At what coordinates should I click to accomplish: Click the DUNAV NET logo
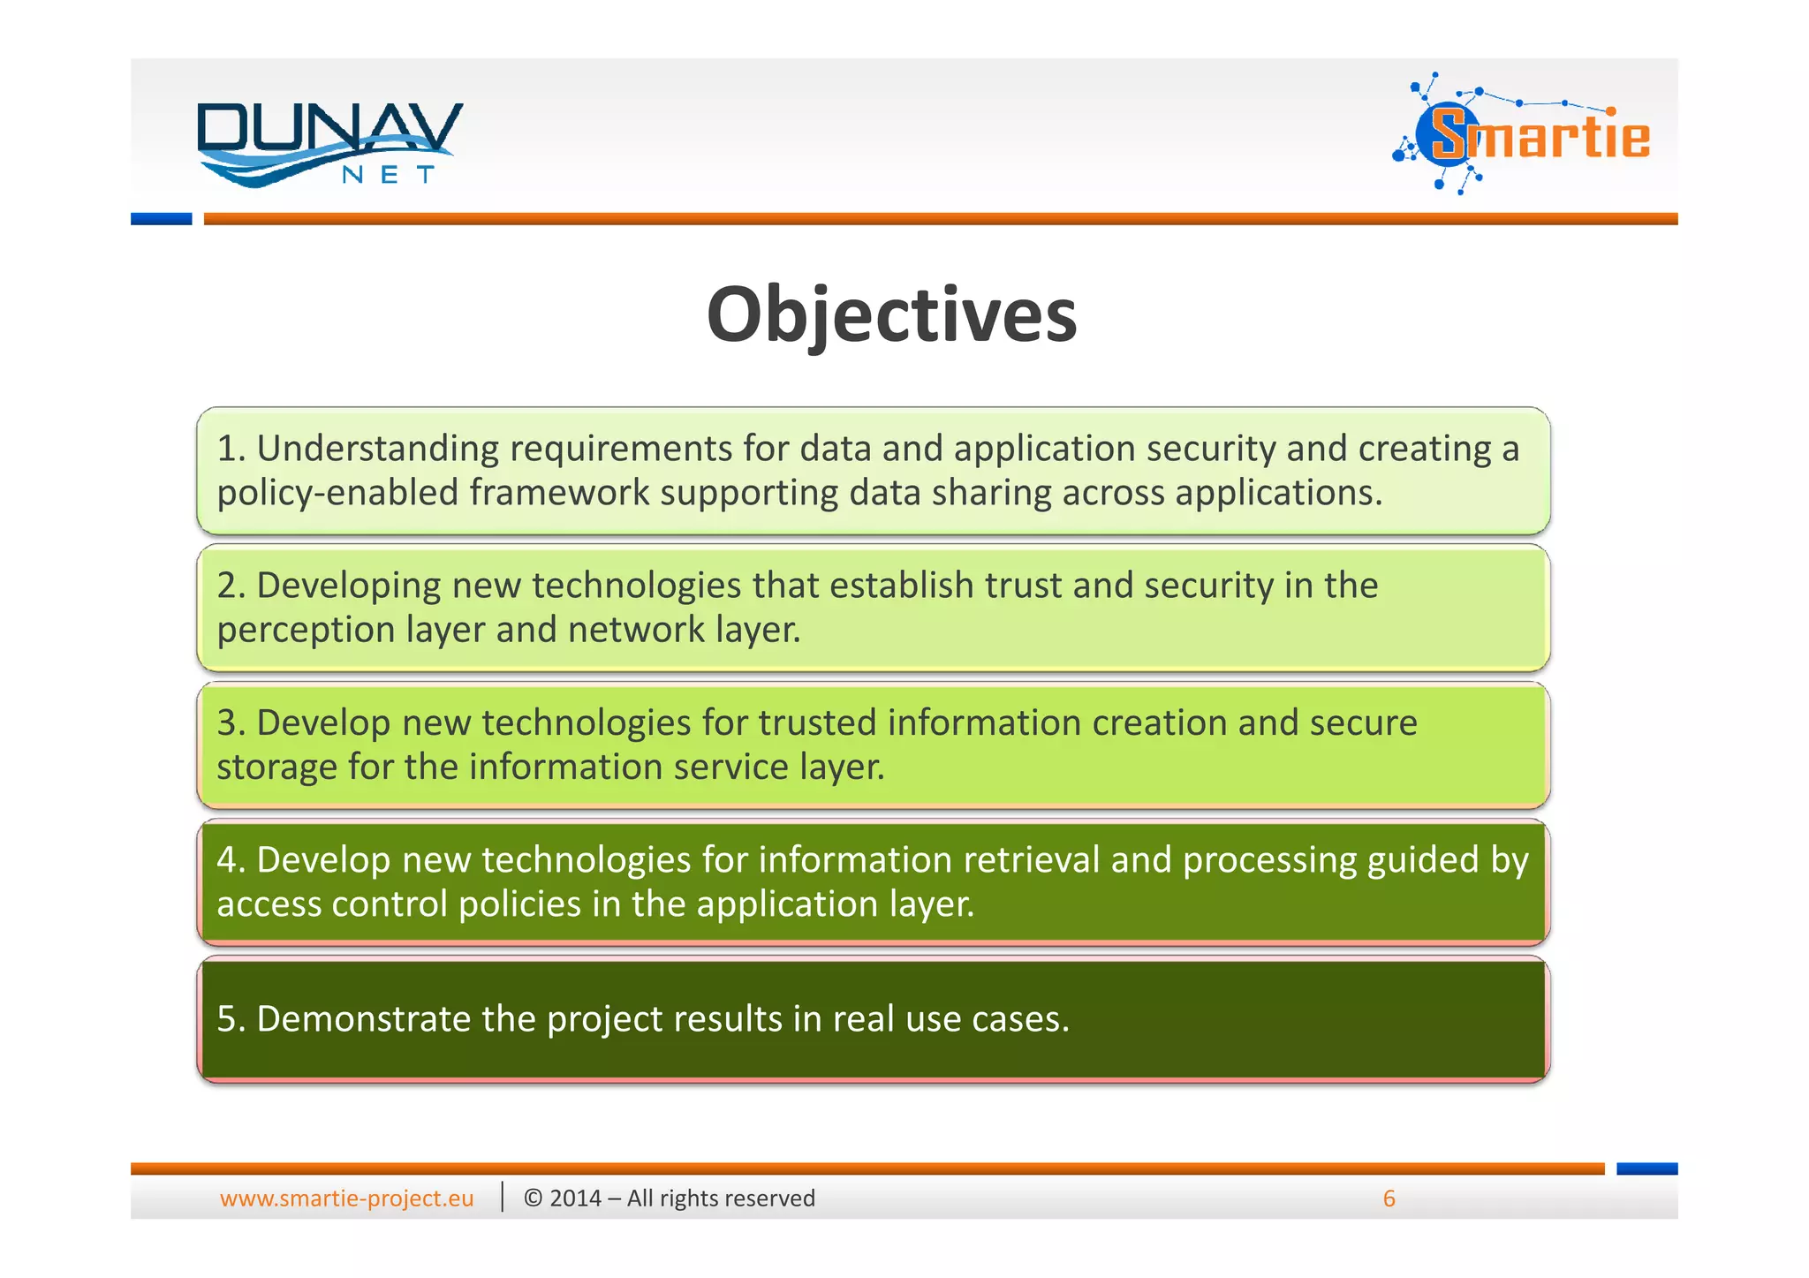point(329,143)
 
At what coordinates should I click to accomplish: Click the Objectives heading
point(891,315)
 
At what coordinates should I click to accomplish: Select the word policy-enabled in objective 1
point(337,493)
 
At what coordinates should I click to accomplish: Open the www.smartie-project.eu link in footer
point(346,1199)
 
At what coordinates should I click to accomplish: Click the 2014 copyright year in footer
point(575,1199)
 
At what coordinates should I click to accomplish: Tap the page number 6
point(1389,1199)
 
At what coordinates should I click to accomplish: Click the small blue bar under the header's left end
point(161,219)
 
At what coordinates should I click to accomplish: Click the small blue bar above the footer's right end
point(1646,1168)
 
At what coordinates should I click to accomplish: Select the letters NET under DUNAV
point(389,175)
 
